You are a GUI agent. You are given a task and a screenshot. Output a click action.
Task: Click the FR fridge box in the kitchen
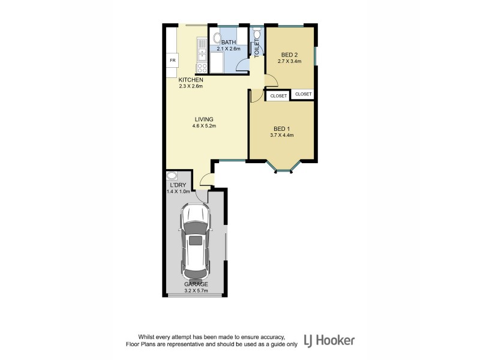coord(172,61)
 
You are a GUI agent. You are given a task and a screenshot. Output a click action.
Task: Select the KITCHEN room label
coord(191,80)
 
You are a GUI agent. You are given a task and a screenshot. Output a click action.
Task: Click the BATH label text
coord(229,42)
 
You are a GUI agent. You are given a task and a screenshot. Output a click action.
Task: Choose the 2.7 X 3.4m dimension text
coord(289,61)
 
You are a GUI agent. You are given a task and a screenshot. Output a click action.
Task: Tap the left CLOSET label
coord(278,96)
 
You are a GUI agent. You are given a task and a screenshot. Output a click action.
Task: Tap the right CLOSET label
coord(303,94)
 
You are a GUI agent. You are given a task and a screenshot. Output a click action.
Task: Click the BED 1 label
coord(282,129)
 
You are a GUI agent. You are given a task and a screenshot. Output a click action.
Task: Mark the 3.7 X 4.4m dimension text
coord(282,136)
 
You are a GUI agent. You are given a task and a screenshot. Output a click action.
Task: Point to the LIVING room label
coord(203,119)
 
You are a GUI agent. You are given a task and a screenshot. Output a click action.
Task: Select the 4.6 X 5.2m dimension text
coord(203,126)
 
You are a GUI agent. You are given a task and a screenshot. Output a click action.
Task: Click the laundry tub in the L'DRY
coord(172,176)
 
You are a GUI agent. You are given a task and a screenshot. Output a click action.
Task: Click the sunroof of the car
coord(196,241)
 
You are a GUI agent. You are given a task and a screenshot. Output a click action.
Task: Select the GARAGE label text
coord(196,284)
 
